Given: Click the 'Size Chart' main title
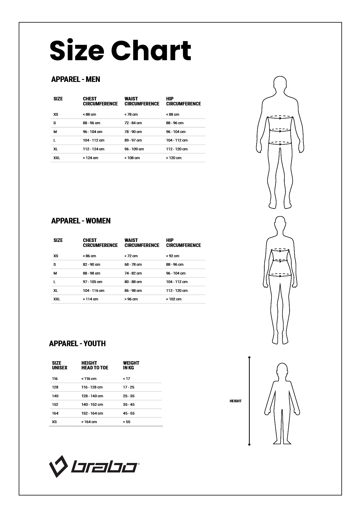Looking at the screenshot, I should click(120, 51).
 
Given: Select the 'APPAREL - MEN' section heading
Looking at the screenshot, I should click(75, 79).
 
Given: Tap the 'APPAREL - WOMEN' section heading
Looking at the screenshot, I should click(81, 221).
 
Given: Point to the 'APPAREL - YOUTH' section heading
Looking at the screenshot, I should click(77, 344).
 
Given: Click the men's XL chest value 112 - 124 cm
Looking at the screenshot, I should click(93, 149).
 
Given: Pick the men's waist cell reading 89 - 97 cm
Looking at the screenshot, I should click(133, 140).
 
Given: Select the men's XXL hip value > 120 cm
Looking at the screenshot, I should click(173, 158).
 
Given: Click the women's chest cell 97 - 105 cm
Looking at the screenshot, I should click(92, 282).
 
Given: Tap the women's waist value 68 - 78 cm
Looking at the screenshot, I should click(133, 265).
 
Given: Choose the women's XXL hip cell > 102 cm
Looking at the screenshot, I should click(173, 299).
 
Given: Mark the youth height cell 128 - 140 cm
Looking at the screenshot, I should click(92, 396).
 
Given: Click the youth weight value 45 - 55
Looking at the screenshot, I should click(129, 413).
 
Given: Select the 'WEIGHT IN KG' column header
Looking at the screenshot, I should click(131, 365).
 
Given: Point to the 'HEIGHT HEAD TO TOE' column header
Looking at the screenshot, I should click(95, 365).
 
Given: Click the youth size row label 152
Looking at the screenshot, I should click(55, 405).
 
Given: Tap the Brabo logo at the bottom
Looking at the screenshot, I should click(94, 466).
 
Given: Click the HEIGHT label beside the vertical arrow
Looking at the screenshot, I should click(235, 401).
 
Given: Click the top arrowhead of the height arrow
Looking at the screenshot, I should click(249, 357).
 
